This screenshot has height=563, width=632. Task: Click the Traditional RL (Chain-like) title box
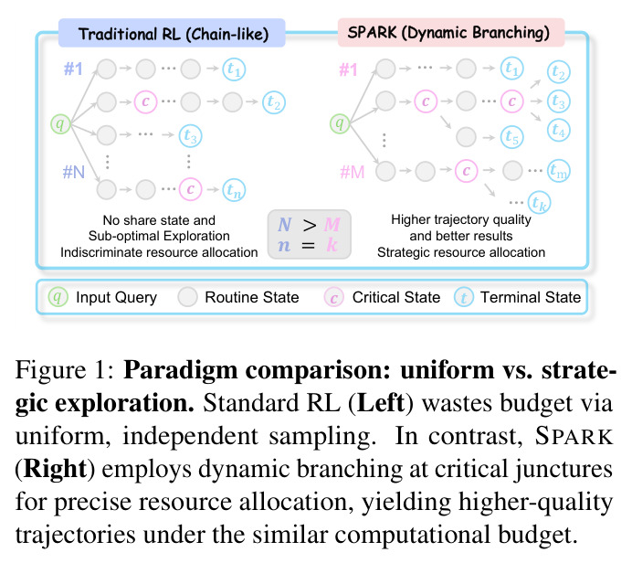[172, 33]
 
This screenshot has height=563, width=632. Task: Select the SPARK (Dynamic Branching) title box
[451, 32]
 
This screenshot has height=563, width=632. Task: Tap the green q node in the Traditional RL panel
[60, 123]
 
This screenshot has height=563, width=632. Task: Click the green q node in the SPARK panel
[340, 123]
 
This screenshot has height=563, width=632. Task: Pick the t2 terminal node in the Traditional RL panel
[274, 102]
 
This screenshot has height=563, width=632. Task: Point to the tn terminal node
[234, 189]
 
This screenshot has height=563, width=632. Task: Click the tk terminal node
[539, 203]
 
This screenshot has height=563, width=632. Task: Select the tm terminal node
[559, 171]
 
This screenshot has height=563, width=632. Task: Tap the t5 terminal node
[512, 137]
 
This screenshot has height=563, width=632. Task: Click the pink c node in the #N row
[191, 189]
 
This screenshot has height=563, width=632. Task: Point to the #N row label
[74, 172]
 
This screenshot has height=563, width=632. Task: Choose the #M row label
[353, 172]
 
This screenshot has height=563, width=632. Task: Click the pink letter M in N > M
[332, 225]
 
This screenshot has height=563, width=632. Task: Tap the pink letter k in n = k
[332, 244]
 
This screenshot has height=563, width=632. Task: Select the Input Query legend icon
[58, 297]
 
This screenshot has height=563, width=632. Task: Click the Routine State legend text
[252, 297]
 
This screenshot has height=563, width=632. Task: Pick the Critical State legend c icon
[333, 297]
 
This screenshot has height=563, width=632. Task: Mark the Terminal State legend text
[531, 297]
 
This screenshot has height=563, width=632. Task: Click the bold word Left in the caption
[381, 402]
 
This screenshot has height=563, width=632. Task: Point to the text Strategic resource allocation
[461, 252]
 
